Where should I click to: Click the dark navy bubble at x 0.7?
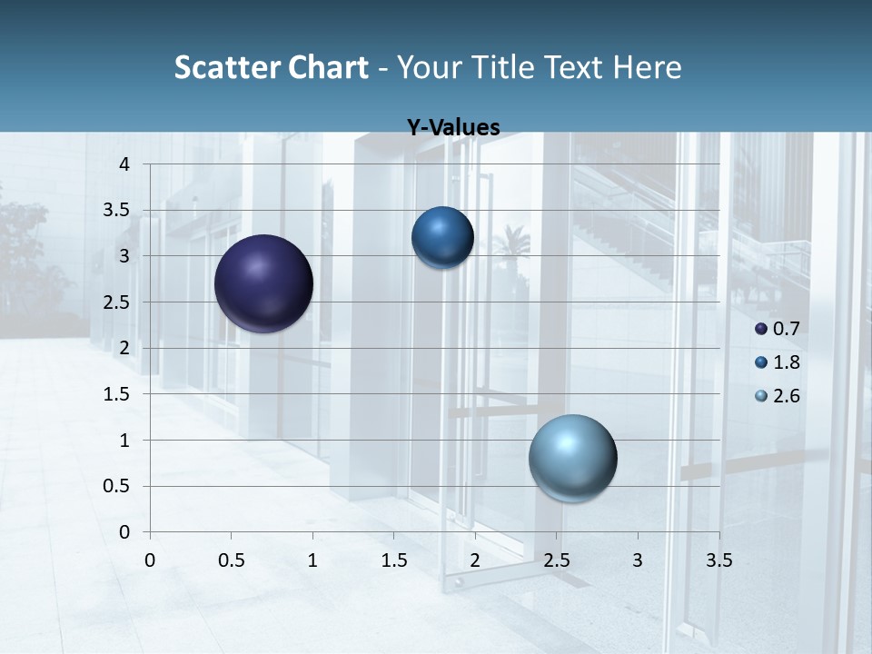point(263,283)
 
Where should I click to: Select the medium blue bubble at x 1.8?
point(442,238)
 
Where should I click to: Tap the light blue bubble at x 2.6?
point(572,458)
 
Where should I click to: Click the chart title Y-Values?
point(452,128)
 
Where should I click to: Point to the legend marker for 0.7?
point(761,329)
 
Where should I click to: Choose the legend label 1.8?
point(786,362)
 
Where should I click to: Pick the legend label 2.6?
point(786,396)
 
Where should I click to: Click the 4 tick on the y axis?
point(124,164)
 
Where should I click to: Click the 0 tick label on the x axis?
point(150,560)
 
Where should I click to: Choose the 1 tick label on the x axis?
point(312,560)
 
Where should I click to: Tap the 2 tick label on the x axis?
point(475,560)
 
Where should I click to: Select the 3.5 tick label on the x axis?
point(718,560)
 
